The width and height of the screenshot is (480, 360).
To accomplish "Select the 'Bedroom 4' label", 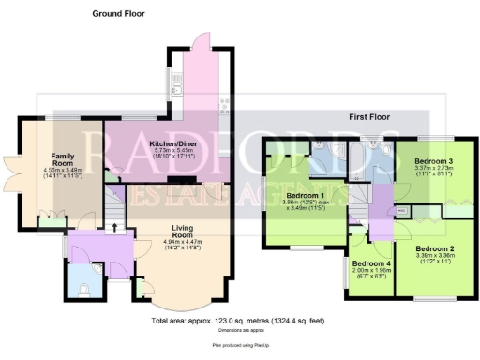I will tap(372, 264).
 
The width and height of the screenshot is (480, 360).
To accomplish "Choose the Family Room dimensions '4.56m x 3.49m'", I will tap(63, 171).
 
